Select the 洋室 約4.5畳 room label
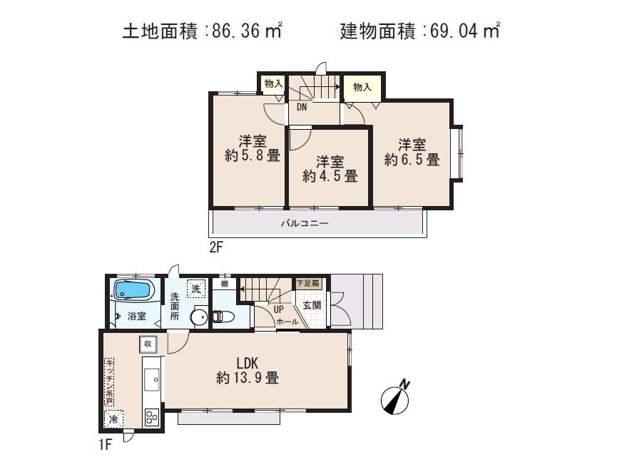pyautogui.click(x=329, y=168)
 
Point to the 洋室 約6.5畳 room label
pyautogui.click(x=412, y=152)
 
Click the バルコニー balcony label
pyautogui.click(x=304, y=223)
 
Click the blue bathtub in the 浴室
pyautogui.click(x=132, y=291)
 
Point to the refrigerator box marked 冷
pyautogui.click(x=113, y=420)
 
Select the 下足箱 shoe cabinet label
pyautogui.click(x=310, y=283)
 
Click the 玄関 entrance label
pyautogui.click(x=312, y=304)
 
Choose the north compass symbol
pyautogui.click(x=394, y=398)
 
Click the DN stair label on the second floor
pyautogui.click(x=302, y=108)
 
